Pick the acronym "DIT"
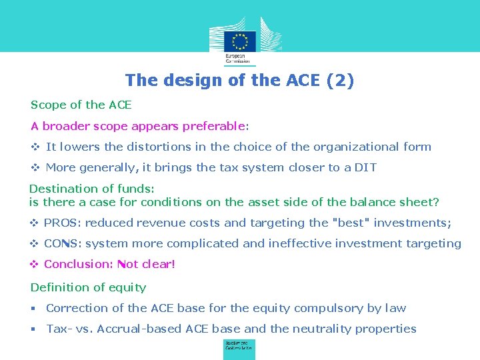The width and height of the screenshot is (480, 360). pyautogui.click(x=365, y=167)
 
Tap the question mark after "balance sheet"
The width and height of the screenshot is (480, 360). pyautogui.click(x=436, y=202)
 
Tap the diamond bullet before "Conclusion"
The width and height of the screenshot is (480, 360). pyautogui.click(x=34, y=264)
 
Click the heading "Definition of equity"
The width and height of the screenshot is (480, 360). pyautogui.click(x=88, y=287)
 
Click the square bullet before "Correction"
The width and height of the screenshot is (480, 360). pyautogui.click(x=34, y=308)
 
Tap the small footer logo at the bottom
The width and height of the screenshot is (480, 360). pyautogui.click(x=239, y=349)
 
